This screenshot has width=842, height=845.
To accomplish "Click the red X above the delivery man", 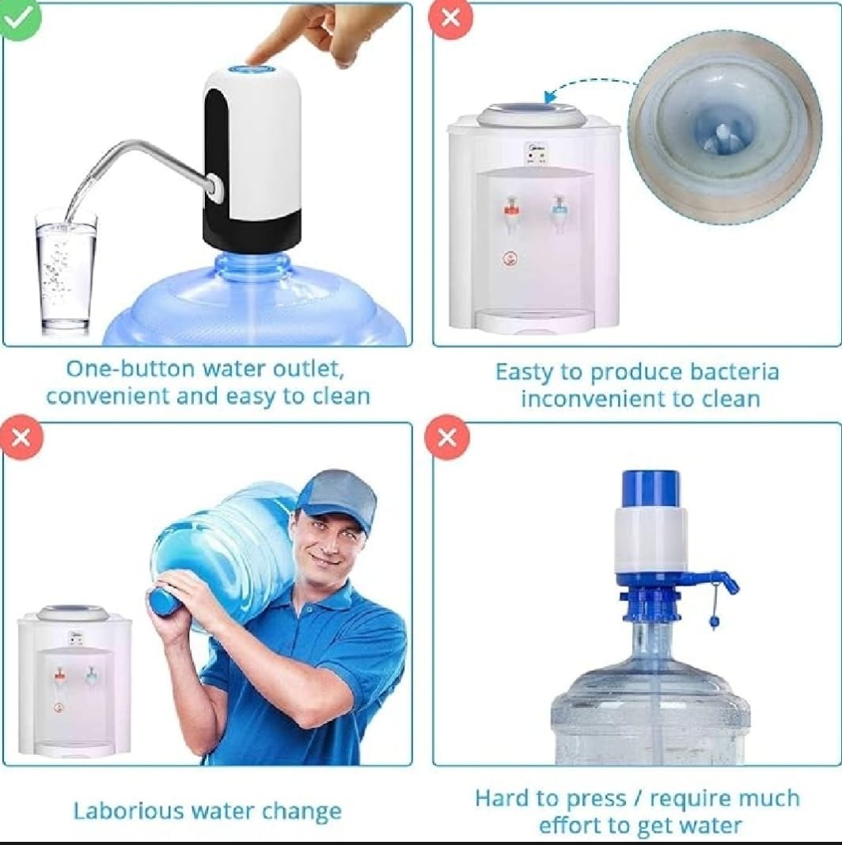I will point(21,437).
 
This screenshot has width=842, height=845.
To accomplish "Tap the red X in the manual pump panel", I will point(447,437).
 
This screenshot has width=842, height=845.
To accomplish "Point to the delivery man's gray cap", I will point(339,495).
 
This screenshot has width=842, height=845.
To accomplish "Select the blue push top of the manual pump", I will point(650,488).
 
